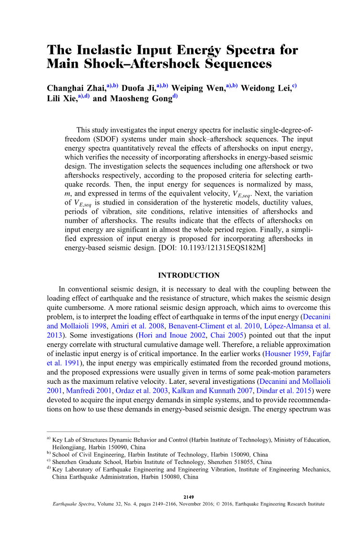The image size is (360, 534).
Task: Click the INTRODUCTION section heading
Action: point(189,276)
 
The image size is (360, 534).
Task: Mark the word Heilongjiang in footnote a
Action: point(69,448)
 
